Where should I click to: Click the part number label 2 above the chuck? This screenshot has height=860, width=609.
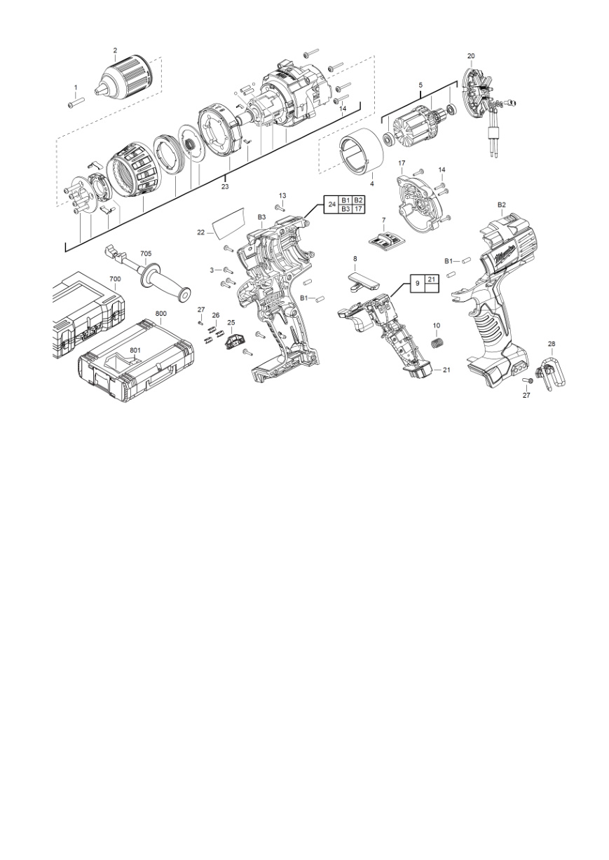115,50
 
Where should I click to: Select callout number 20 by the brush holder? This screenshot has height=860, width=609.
471,56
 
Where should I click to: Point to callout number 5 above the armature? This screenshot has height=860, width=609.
420,85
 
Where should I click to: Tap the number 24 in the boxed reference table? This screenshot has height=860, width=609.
332,204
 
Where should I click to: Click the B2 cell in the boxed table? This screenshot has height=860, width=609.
358,200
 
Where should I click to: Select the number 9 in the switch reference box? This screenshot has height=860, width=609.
418,284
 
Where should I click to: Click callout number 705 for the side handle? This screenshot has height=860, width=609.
146,254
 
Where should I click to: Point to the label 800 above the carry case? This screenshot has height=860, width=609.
161,313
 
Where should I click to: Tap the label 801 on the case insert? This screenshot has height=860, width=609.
135,350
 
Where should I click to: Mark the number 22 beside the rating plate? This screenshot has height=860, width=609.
201,233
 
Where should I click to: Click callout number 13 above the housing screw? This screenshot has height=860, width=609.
282,196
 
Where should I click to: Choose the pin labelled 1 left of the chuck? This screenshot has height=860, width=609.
76,103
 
